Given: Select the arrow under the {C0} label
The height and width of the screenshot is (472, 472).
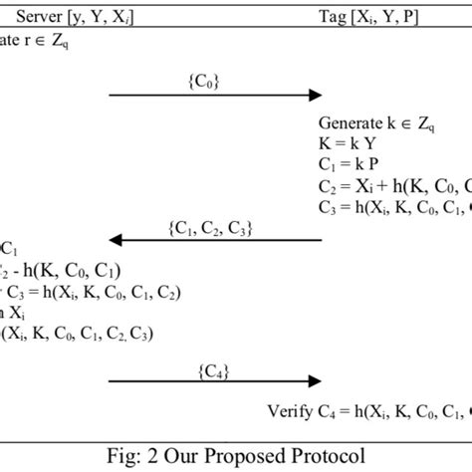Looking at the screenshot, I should coord(215,96).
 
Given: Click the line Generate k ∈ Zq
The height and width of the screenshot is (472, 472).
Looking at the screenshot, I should coord(377,123).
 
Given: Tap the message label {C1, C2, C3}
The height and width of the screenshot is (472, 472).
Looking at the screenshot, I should coord(213,227).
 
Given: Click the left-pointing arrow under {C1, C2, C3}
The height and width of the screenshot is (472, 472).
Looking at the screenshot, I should coord(215,240).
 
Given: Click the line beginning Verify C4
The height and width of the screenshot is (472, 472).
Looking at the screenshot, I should coord(368,409).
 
